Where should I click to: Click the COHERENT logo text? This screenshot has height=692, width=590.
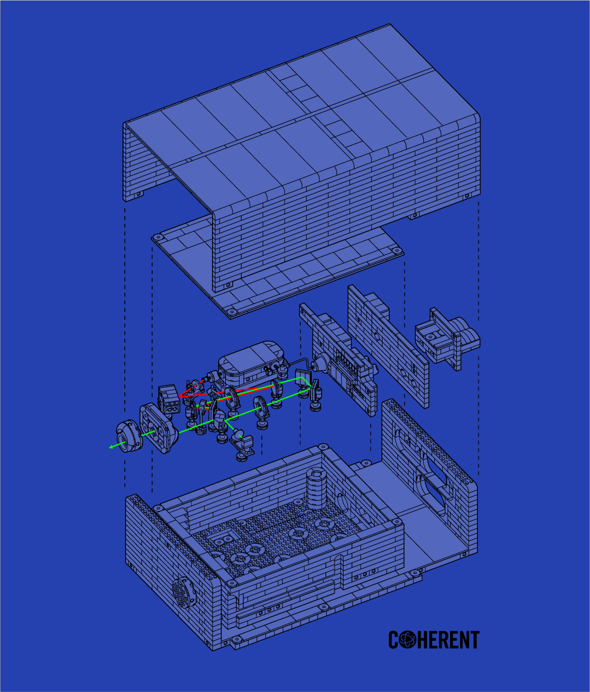click(434, 640)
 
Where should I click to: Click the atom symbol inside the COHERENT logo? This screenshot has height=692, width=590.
click(408, 640)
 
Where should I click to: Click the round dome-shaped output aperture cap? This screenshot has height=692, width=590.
click(129, 436)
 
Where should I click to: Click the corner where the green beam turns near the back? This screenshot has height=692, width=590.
click(302, 377)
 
